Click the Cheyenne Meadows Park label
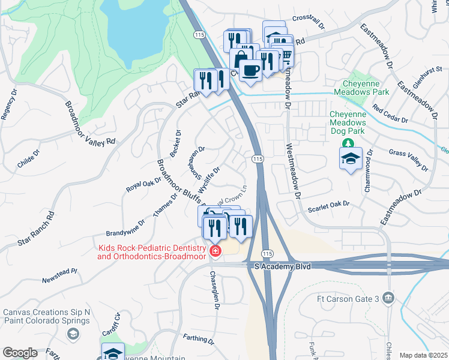coord(366,88)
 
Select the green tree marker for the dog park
coord(347,143)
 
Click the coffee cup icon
coord(250,70)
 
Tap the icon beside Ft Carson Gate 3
coord(388,298)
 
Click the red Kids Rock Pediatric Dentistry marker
coord(214,251)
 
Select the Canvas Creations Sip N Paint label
coord(46,316)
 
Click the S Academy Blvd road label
coord(282,266)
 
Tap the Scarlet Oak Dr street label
coord(328,208)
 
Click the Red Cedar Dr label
coord(390,115)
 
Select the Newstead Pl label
coord(59,275)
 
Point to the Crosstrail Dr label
coord(308,23)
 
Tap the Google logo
coord(20,353)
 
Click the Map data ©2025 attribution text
coord(423,355)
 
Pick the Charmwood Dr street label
coord(367,170)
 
